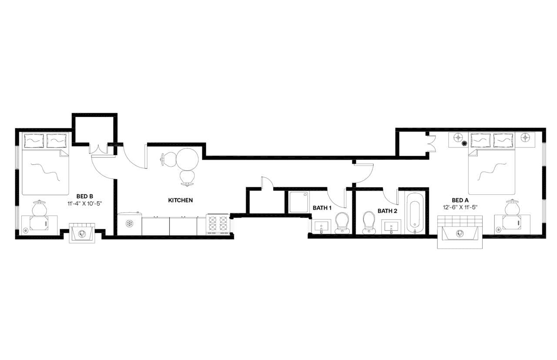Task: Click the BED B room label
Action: [85, 196]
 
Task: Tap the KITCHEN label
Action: [180, 200]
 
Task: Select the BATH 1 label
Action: [322, 208]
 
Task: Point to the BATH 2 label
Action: [387, 211]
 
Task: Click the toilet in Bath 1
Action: [342, 222]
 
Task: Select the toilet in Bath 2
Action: [369, 221]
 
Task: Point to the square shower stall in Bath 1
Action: [299, 202]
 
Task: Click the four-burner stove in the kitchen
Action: [217, 224]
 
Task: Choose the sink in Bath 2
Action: [391, 227]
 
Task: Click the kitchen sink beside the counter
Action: [129, 224]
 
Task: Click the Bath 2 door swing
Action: [390, 197]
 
